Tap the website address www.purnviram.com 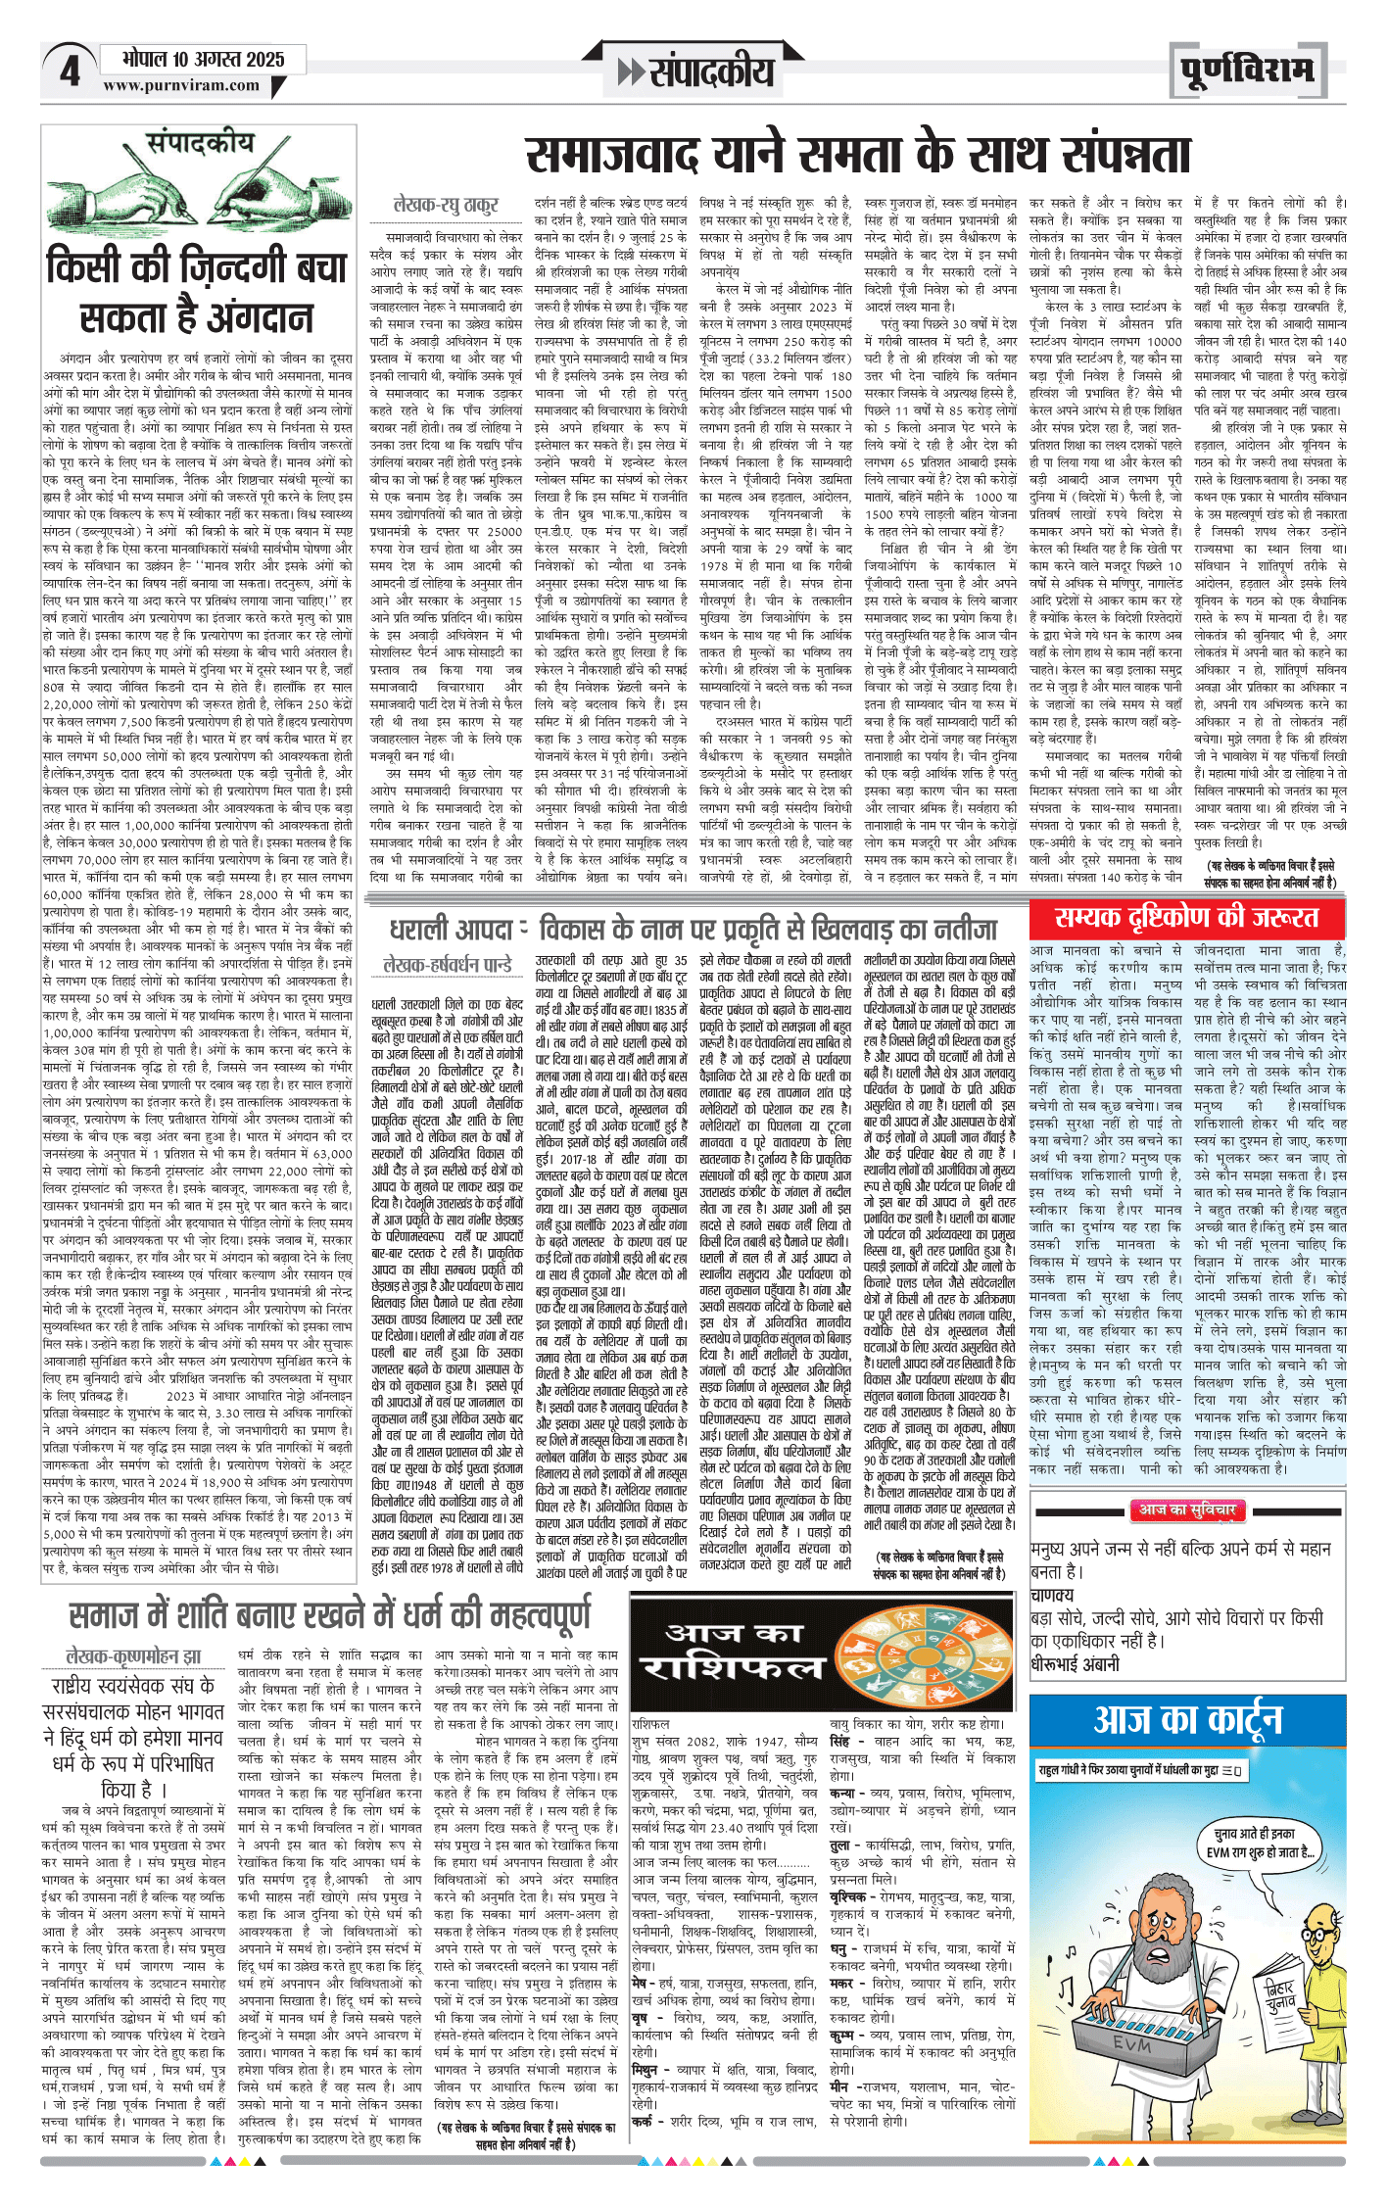pos(181,85)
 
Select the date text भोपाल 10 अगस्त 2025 pos(204,59)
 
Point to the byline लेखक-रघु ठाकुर pos(446,205)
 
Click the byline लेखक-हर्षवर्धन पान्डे pos(448,965)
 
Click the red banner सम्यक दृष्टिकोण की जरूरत pos(1186,918)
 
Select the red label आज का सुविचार pos(1186,1510)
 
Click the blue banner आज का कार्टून pos(1187,1719)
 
